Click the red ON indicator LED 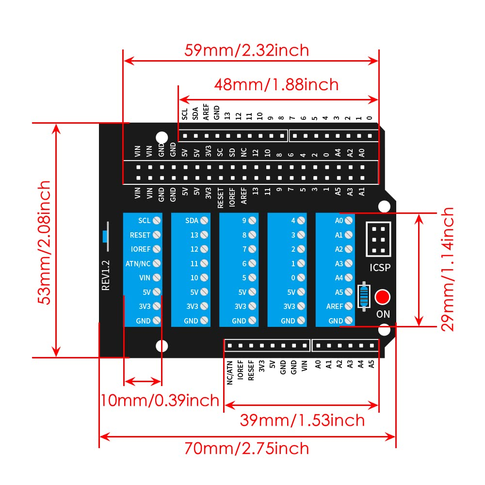[383, 296]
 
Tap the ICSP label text [380, 267]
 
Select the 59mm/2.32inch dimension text [246, 50]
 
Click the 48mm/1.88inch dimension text [276, 84]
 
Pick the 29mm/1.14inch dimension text [448, 269]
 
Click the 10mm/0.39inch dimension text [160, 400]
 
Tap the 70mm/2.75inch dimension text [246, 448]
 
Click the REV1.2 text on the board [106, 275]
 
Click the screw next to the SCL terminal [157, 220]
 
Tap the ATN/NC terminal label [138, 263]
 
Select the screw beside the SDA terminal [204, 220]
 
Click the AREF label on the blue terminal [335, 307]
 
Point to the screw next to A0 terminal [349, 220]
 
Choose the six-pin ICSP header [379, 240]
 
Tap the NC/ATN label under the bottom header [230, 373]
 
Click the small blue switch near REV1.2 [104, 236]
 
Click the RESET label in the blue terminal [140, 235]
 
